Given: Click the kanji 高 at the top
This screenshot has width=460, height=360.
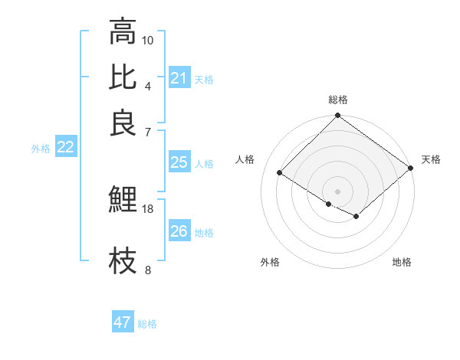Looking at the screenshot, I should pos(123,31).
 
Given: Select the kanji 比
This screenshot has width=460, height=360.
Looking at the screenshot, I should pos(123,77).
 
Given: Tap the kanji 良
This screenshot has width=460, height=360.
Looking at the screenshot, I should pos(123,123).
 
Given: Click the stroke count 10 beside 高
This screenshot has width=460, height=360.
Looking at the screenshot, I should pos(148,40).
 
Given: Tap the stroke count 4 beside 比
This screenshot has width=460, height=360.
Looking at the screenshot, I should pos(148,86).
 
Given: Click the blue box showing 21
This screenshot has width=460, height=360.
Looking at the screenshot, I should pos(179,78).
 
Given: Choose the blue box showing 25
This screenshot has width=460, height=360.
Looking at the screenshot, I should pos(179,162).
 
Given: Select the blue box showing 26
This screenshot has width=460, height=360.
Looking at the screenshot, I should pos(179,231).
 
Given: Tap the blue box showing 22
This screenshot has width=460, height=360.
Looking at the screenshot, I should pos(65,147).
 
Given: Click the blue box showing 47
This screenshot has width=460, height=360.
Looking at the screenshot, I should pos(123,322).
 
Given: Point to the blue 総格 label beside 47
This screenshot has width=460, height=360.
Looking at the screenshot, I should pos(147,324).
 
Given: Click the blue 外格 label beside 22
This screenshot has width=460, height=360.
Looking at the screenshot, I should pos(40,149).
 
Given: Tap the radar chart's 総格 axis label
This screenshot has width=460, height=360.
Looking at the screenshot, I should pos(337,100).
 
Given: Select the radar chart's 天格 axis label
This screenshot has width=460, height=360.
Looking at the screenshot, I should pos(431,159).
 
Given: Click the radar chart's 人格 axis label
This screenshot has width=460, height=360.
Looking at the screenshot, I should pos(245,159).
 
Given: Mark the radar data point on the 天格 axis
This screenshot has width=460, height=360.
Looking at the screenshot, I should pos(411,169).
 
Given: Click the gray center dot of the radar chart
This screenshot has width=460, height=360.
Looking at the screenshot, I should pos(337,190).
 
